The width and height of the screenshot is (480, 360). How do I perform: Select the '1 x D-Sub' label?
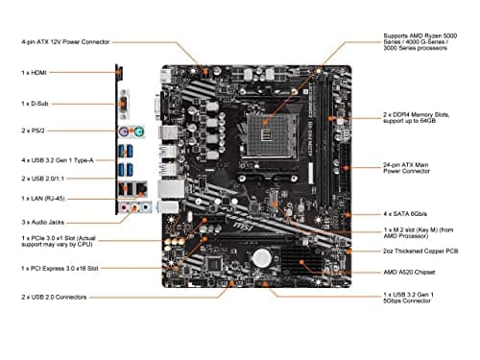[35, 102]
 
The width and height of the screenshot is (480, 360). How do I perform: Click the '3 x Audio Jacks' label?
[43, 222]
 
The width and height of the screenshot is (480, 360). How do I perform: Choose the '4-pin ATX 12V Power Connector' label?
[64, 41]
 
